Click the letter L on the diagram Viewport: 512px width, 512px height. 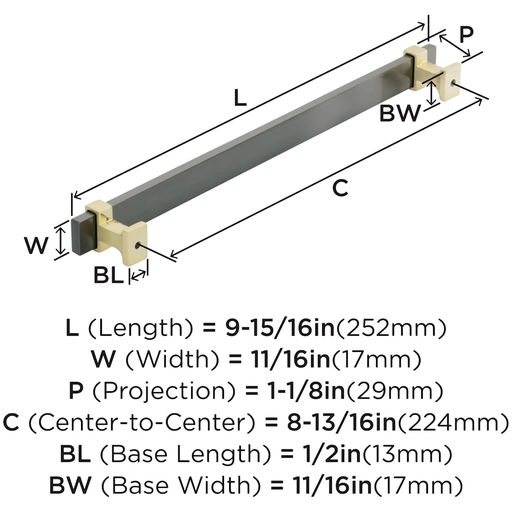click(240, 98)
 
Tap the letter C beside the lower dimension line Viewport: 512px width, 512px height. click(340, 188)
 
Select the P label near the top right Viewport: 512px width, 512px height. click(467, 35)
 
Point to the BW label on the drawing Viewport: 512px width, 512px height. click(400, 113)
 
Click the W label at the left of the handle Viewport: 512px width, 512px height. click(36, 246)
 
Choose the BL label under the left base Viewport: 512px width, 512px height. click(108, 276)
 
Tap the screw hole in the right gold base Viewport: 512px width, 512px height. click(453, 81)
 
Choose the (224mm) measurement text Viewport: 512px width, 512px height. click(454, 422)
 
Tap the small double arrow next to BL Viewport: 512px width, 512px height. click(137, 276)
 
